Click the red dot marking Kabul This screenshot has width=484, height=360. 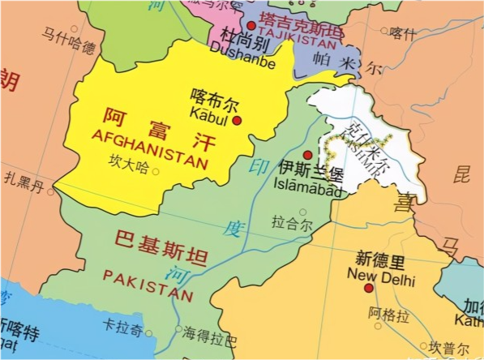(238, 121)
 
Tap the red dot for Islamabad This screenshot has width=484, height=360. (307, 155)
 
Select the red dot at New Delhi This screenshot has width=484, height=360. (369, 288)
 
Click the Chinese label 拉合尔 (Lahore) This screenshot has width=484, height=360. (290, 222)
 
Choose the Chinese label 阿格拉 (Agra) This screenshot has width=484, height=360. (386, 314)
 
